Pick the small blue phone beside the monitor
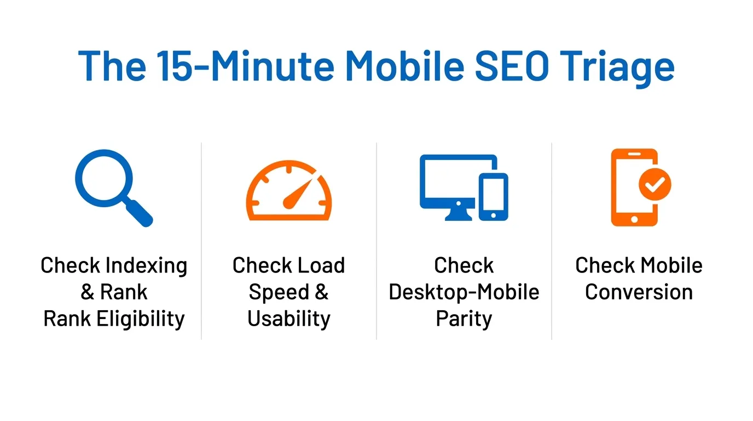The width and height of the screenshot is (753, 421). coord(493,196)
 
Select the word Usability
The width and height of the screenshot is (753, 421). coord(289,318)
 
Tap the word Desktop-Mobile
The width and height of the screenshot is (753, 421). coord(464,292)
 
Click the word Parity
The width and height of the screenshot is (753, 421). coord(464,318)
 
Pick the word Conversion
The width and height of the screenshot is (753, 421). coord(639,292)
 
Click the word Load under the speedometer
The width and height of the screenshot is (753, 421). coord(321,265)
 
